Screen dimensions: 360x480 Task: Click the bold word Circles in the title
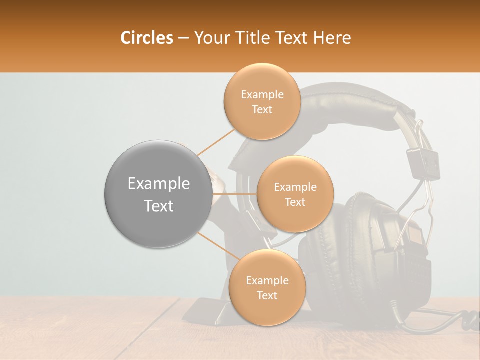pos(147,38)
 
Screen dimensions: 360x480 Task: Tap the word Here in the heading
pos(332,38)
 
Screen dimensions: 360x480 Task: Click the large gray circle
pos(158,194)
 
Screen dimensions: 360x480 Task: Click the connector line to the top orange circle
pos(216,141)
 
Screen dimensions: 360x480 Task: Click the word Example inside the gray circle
pos(159,184)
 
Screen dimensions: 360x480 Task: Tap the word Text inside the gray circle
pos(159,206)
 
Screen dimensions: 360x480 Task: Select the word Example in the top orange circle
pos(262,95)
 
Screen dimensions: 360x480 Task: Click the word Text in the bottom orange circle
pos(267,295)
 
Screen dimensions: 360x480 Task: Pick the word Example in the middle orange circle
pos(295,187)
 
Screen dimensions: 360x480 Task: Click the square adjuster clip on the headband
pos(422,162)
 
